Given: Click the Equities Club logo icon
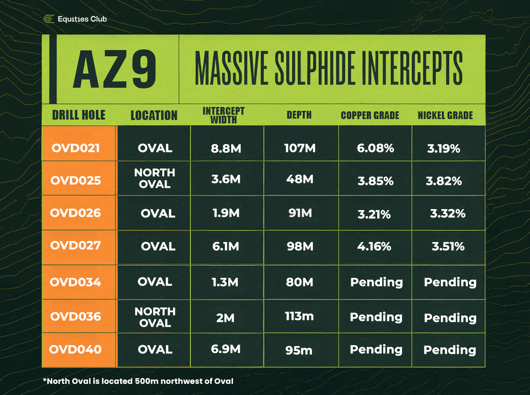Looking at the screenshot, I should [x=48, y=19].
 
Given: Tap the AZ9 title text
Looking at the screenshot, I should [x=115, y=70].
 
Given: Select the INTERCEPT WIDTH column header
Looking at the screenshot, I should [x=224, y=115].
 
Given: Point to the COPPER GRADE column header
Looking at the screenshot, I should [x=370, y=116].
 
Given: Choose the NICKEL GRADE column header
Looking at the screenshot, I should [x=445, y=116].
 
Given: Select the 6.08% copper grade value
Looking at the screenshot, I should [x=375, y=148].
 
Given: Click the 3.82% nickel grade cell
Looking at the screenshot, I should [x=444, y=181].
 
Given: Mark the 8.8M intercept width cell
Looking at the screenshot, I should [x=226, y=148].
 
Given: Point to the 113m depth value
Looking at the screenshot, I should [x=299, y=317].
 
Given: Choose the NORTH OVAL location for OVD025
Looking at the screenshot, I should [x=155, y=178].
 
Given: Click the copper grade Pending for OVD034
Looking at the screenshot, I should [x=376, y=282].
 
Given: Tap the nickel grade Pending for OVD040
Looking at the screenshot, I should [x=450, y=349].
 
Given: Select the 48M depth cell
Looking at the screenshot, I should [x=299, y=179].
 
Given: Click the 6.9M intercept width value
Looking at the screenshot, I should [x=225, y=349].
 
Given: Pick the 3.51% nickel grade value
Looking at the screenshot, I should [x=448, y=246].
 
